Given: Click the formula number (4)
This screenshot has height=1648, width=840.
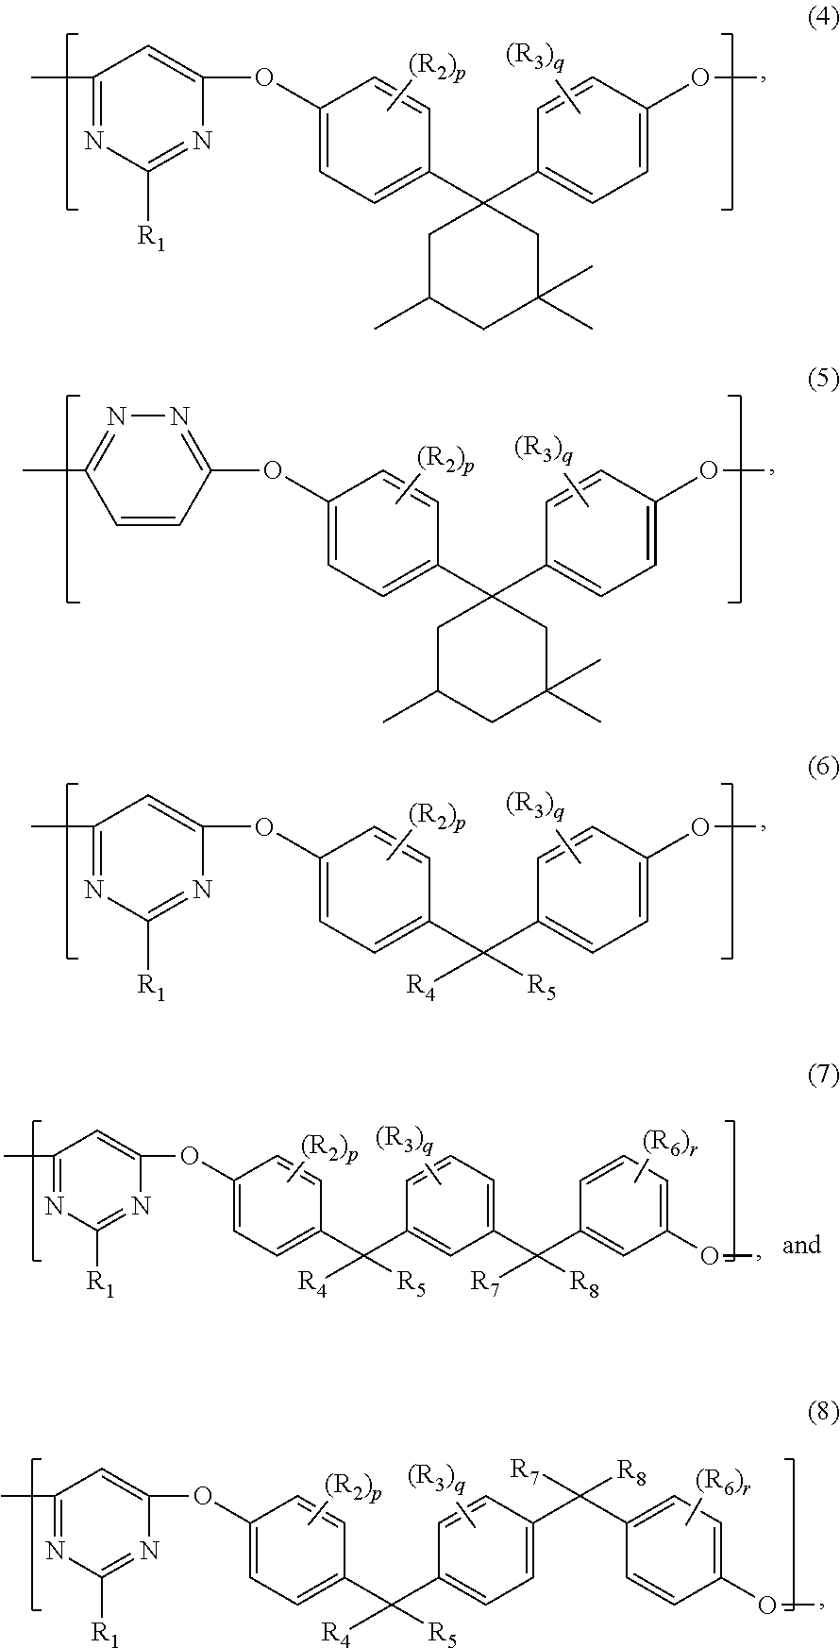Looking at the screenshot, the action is pos(823,20).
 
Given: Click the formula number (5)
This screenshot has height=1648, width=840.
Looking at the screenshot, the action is pos(823,381).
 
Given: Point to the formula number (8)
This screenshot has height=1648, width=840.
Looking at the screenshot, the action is pos(823,1413).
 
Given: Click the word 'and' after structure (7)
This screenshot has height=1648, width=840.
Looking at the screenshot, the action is pos(801,1246).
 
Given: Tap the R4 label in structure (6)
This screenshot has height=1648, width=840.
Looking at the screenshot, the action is pos(421,987).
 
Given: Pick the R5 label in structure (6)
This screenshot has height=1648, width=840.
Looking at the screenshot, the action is pos(542,987).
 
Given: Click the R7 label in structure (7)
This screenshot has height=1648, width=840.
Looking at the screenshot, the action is pos(486,1283).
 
